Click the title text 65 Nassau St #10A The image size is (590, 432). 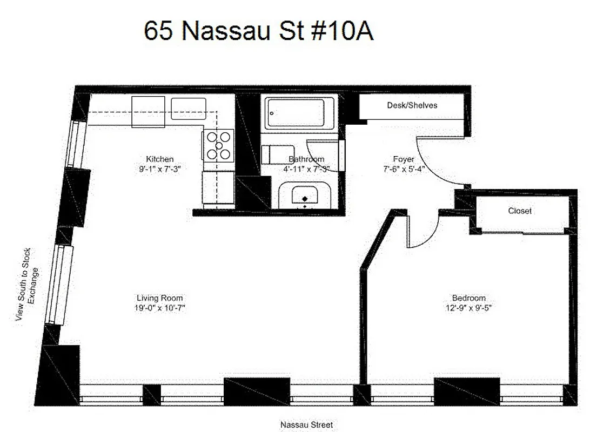click(258, 31)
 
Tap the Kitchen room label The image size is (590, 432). click(160, 159)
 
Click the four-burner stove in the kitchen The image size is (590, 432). click(219, 146)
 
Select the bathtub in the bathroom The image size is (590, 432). click(294, 113)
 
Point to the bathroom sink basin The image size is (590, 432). click(305, 195)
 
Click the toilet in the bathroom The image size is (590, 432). click(273, 154)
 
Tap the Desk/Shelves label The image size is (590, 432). click(412, 105)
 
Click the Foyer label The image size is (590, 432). click(404, 159)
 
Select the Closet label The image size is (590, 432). click(519, 211)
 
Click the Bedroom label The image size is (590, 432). click(468, 298)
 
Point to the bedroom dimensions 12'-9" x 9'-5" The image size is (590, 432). click(468, 308)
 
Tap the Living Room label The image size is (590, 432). click(159, 298)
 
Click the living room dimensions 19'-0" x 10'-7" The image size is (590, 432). click(159, 308)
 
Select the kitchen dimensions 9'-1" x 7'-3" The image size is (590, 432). click(160, 168)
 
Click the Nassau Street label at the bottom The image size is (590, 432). click(306, 425)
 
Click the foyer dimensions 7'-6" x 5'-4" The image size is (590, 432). click(404, 168)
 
